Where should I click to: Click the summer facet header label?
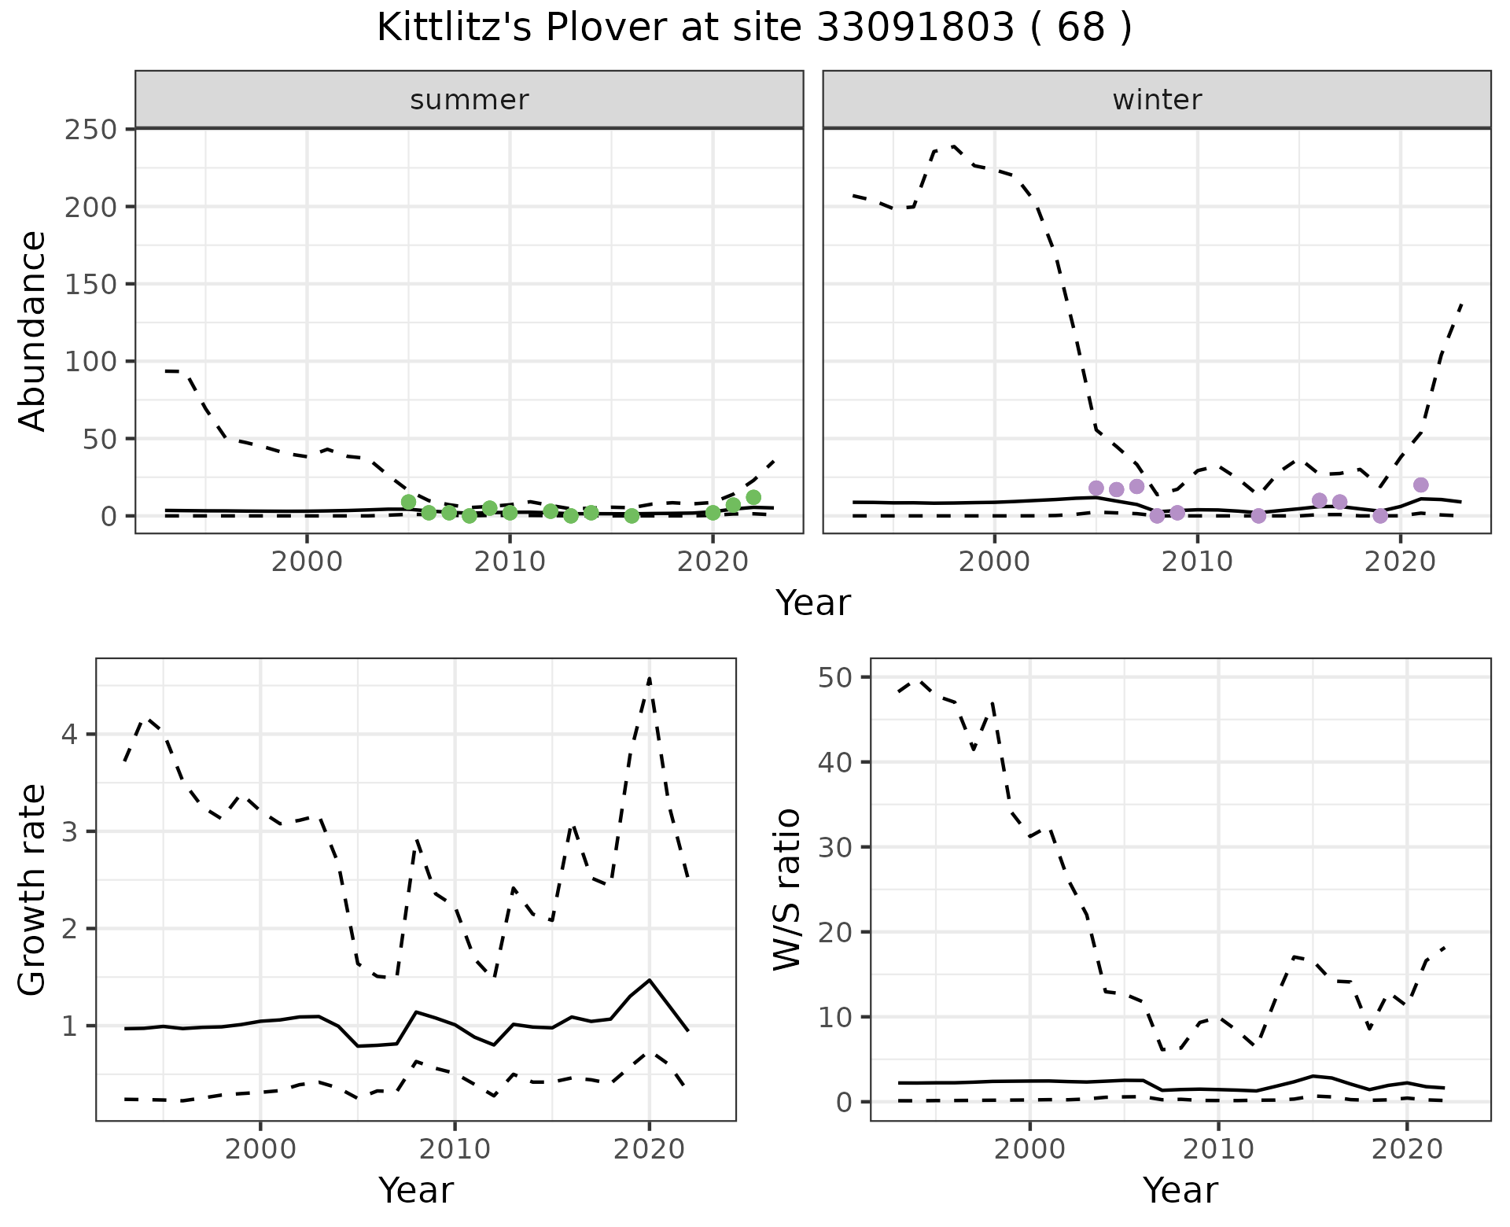(470, 100)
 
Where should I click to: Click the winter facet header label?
(1157, 100)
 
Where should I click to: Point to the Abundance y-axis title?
(33, 330)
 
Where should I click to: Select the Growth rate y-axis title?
(33, 890)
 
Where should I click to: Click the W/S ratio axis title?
(786, 890)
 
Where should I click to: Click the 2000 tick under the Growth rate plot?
(260, 1149)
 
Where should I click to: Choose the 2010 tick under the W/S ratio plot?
(1218, 1149)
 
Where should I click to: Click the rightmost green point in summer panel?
(753, 497)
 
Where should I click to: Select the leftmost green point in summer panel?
(408, 502)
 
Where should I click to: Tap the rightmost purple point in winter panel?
(1420, 485)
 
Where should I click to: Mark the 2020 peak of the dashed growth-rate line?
(649, 678)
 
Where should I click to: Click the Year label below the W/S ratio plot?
(1180, 1190)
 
